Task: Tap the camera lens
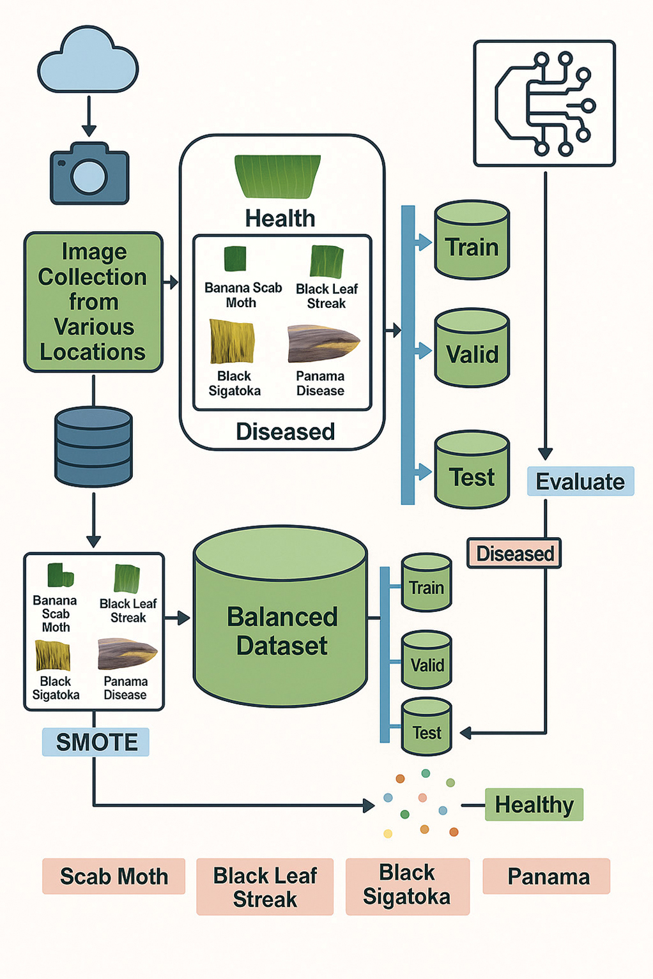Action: pos(89,178)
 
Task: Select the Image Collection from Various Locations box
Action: pos(93,302)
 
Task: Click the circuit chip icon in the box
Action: pos(544,104)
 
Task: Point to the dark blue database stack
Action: pos(93,446)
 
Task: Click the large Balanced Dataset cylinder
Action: pos(280,616)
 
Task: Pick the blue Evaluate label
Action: pos(580,481)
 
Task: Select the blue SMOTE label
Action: pos(96,741)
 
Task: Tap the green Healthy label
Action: pos(534,805)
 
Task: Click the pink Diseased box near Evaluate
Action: pos(514,553)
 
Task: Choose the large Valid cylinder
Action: pos(472,348)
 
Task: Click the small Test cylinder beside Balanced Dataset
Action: pos(426,727)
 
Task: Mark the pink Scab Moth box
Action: pos(114,876)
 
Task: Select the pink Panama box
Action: pos(546,876)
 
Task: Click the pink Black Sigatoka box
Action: pos(408,886)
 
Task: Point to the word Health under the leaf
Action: pos(280,218)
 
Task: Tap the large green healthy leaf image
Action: pos(278,176)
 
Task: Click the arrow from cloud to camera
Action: pos(89,116)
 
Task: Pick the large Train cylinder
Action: pos(472,239)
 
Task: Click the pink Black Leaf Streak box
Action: pos(265,886)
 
